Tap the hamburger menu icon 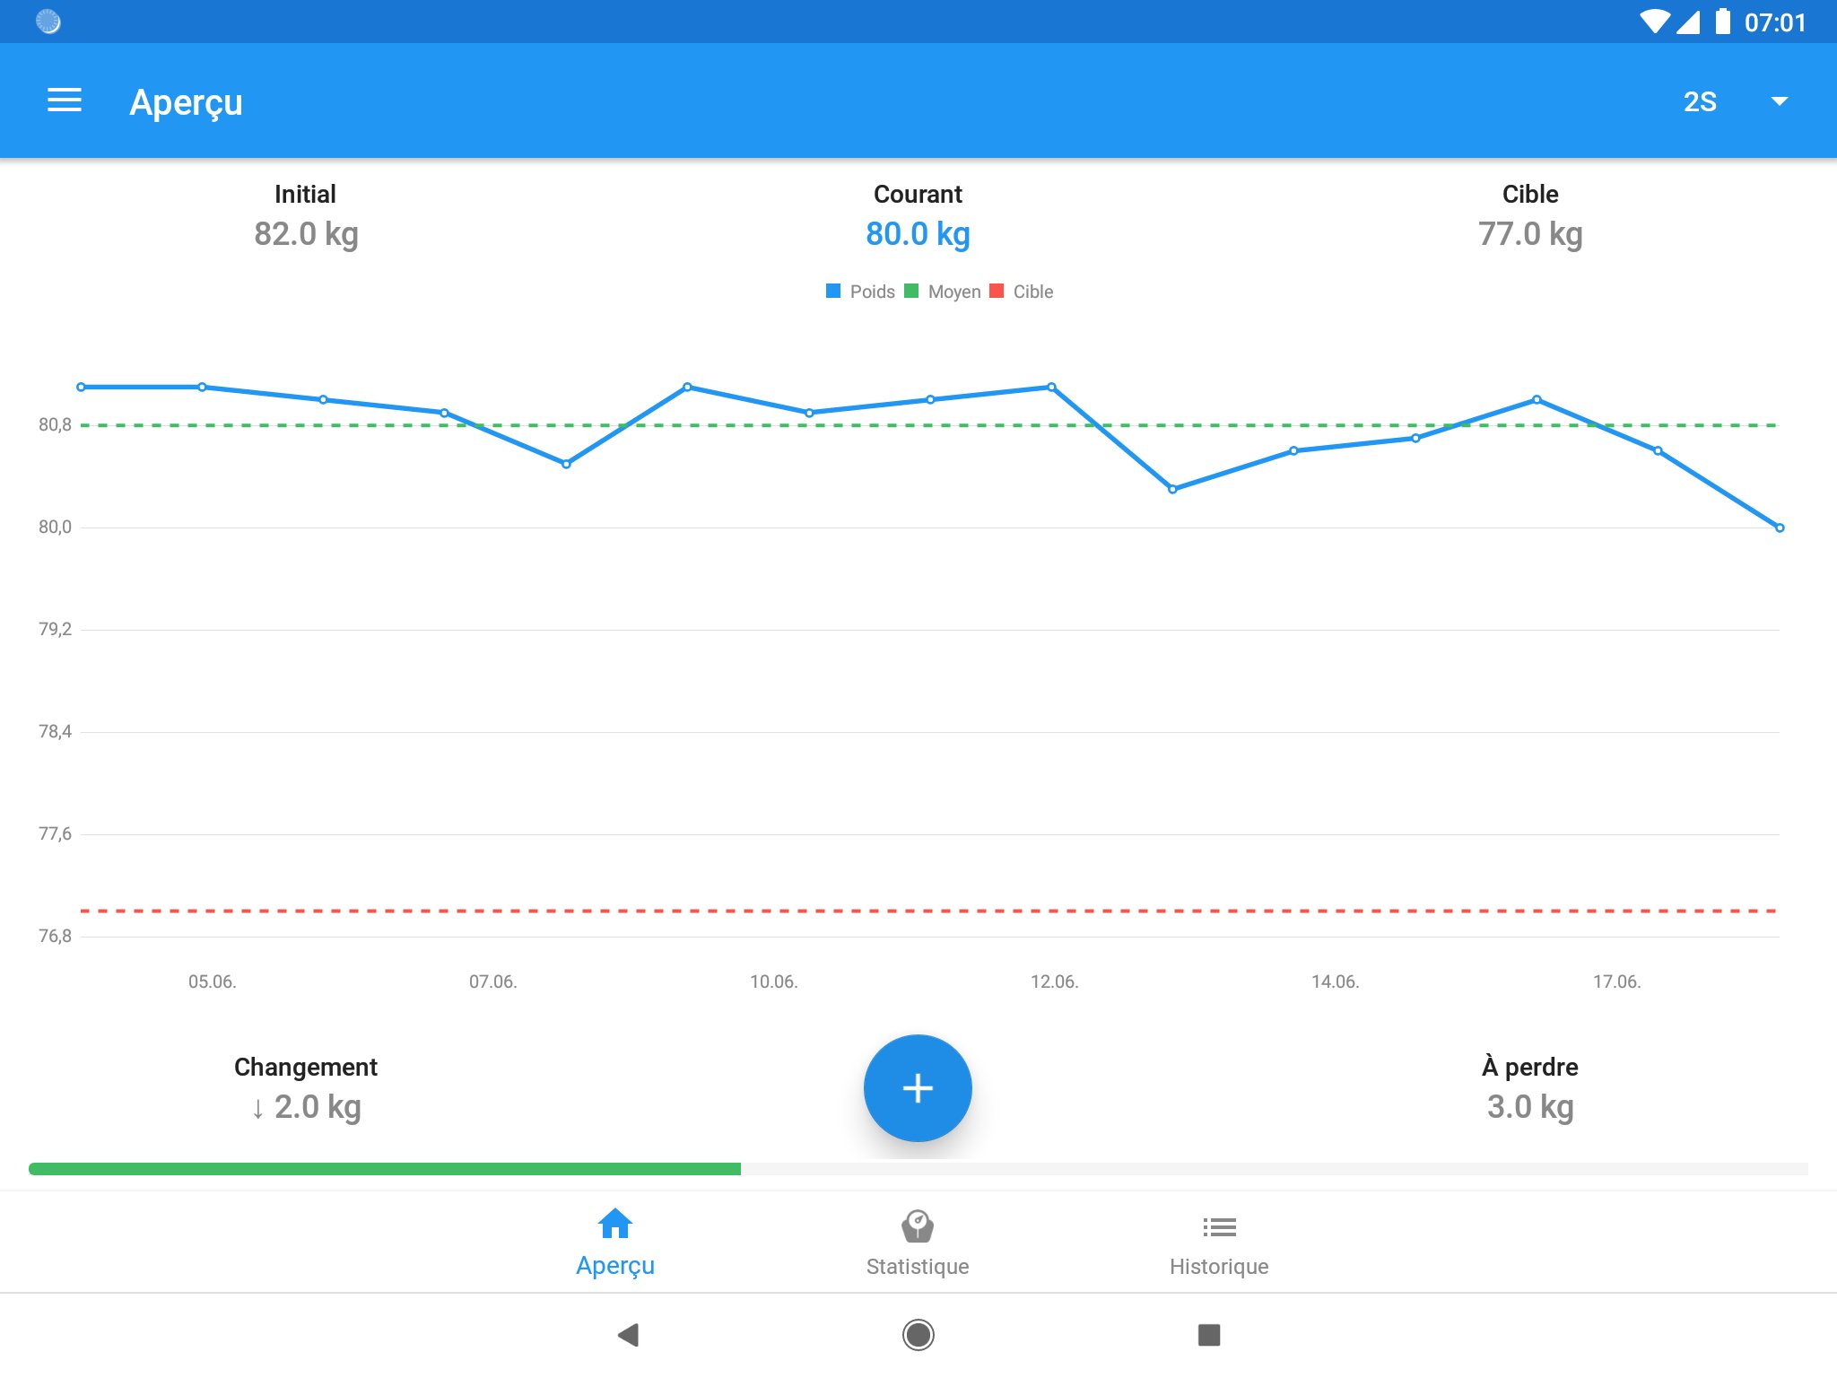[x=65, y=100]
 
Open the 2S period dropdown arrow [x=1779, y=101]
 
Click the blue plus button [x=918, y=1088]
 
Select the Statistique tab [x=918, y=1243]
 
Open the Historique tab [x=1219, y=1243]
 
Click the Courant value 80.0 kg [x=918, y=234]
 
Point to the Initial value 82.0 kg [x=306, y=234]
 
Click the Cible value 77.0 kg [x=1530, y=234]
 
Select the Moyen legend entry [x=944, y=292]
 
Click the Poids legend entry [x=861, y=292]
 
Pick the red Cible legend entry [x=1023, y=292]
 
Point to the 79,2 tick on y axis [x=55, y=629]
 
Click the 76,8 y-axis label [x=55, y=936]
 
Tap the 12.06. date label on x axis [x=1054, y=981]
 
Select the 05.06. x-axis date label [x=213, y=981]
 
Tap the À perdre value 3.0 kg [x=1530, y=1107]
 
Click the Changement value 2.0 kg [x=308, y=1107]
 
